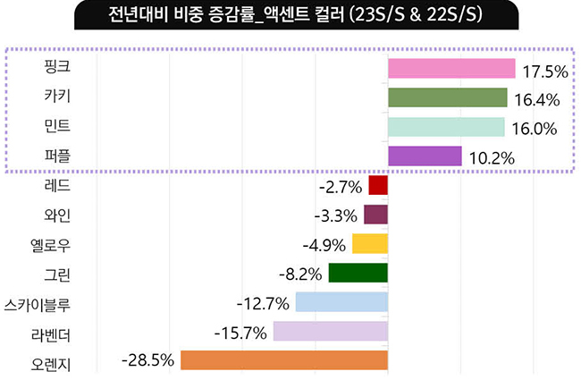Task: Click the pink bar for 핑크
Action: (451, 69)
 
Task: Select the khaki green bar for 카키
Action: (447, 97)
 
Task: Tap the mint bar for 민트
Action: (446, 127)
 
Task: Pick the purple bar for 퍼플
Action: (425, 156)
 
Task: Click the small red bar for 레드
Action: (378, 185)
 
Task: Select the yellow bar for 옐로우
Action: (369, 243)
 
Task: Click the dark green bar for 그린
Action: (358, 273)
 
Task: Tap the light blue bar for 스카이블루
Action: (341, 301)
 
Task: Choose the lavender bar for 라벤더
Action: (330, 331)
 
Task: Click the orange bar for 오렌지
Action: (283, 359)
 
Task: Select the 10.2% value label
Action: (490, 158)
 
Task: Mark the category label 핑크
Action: (56, 68)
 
